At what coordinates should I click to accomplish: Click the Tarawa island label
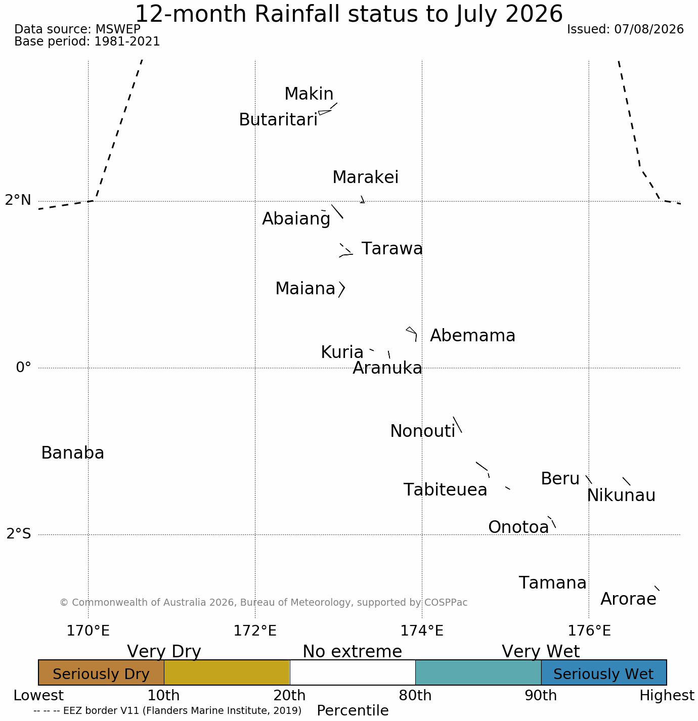click(392, 249)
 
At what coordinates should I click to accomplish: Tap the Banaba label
click(73, 453)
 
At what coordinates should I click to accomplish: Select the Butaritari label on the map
click(278, 120)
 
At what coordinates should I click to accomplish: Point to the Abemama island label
click(472, 336)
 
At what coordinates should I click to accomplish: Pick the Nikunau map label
click(621, 495)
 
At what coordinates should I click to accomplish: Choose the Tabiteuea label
click(445, 490)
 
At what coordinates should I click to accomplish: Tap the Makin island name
click(309, 94)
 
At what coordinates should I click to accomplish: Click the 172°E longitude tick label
click(255, 630)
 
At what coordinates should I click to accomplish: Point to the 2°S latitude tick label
click(19, 533)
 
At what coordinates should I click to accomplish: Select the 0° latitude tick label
click(23, 367)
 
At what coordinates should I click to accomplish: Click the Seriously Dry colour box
click(101, 672)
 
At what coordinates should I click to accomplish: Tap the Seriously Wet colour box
click(604, 672)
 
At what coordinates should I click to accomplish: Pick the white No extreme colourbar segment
click(353, 672)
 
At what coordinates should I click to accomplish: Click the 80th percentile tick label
click(415, 696)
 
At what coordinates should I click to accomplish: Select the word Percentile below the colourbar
click(353, 710)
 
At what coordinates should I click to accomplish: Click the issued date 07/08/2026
click(649, 29)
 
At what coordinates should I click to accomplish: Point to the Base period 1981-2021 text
click(87, 41)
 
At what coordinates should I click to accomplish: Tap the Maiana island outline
click(342, 290)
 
